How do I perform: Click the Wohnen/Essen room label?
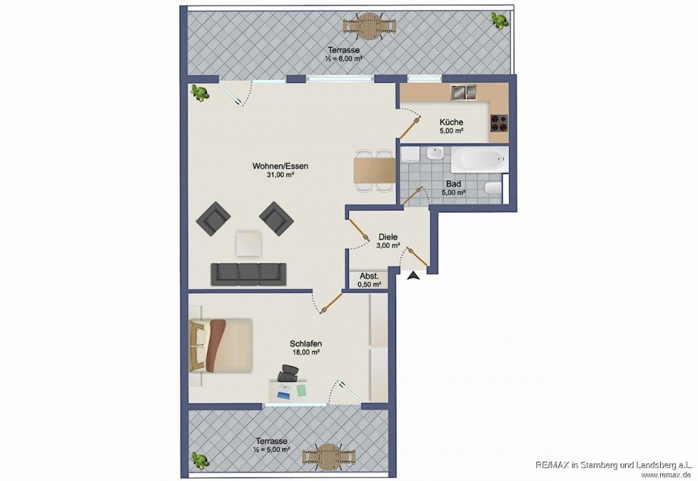pyautogui.click(x=280, y=166)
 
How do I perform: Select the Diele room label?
pyautogui.click(x=388, y=236)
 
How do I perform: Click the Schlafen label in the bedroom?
pyautogui.click(x=304, y=343)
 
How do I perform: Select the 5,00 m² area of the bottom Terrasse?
pyautogui.click(x=271, y=451)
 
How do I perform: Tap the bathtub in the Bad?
pyautogui.click(x=477, y=161)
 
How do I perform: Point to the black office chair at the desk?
pyautogui.click(x=288, y=373)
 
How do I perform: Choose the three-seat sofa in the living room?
pyautogui.click(x=248, y=274)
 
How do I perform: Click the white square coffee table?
pyautogui.click(x=249, y=243)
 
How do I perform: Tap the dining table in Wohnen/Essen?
pyautogui.click(x=374, y=170)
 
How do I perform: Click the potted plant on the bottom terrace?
pyautogui.click(x=200, y=460)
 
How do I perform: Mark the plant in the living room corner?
pyautogui.click(x=200, y=93)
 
